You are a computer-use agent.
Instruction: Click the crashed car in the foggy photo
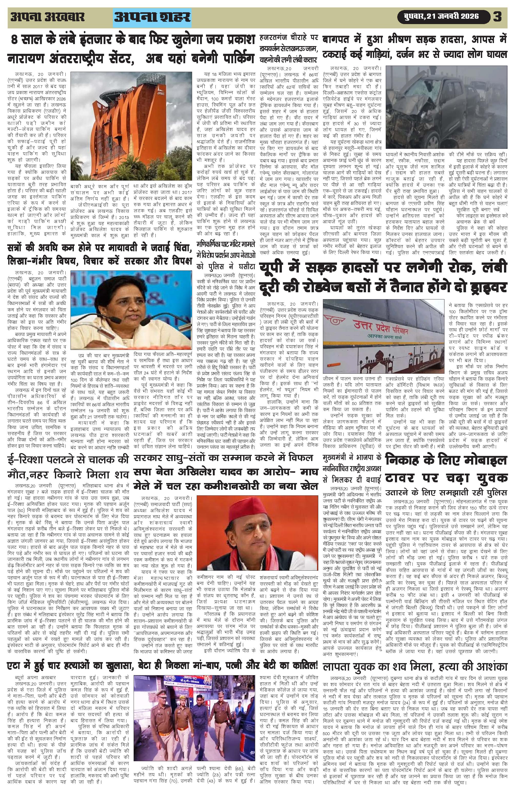click(x=424, y=110)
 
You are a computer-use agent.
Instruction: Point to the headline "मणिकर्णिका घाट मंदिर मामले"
click(x=226, y=243)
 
